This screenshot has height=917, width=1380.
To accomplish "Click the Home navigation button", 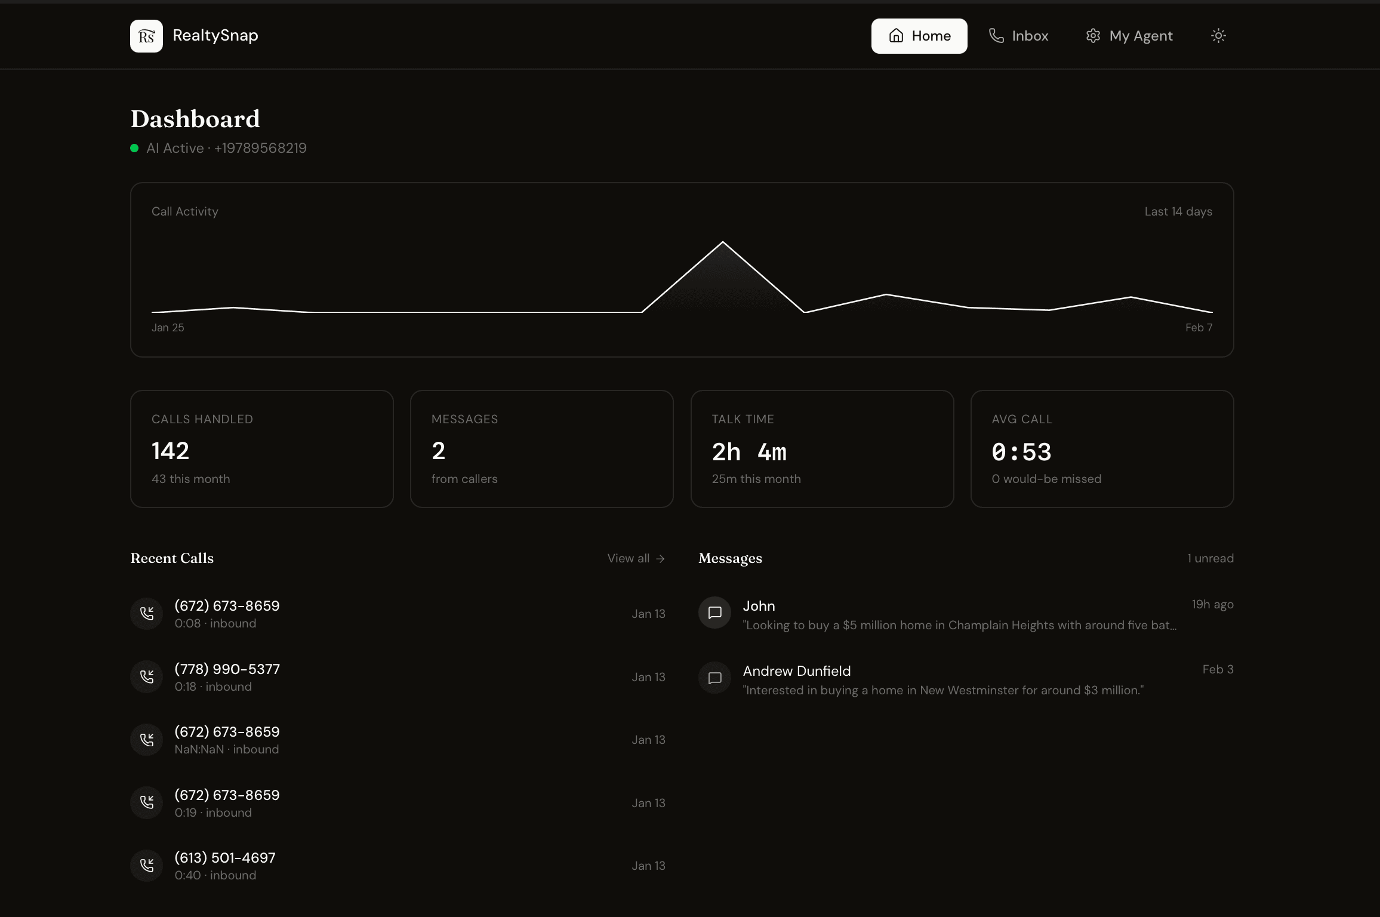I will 919,36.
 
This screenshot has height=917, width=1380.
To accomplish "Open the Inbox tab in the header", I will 1018,36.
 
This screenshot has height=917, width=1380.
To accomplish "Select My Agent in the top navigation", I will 1129,36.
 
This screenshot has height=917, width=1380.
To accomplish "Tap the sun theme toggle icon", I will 1218,36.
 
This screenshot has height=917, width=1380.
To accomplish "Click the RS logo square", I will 146,36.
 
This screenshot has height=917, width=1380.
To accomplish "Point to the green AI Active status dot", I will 134,148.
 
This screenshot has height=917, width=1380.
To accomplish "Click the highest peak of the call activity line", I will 723,242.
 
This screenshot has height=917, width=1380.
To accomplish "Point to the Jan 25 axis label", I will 168,328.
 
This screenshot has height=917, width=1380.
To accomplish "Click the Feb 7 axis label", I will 1199,328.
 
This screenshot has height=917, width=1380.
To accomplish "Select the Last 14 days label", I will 1178,211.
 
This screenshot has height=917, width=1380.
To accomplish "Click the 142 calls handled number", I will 170,451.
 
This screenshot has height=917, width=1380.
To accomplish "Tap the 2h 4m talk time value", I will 749,452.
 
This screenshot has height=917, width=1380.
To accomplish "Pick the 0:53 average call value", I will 1021,452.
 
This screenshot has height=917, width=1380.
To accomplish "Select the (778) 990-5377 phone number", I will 227,669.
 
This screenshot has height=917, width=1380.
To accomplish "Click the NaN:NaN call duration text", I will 199,749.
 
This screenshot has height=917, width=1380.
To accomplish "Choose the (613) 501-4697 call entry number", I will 225,858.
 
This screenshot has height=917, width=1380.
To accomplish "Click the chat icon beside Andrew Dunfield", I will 714,678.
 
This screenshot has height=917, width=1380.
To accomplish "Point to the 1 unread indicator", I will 1210,558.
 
